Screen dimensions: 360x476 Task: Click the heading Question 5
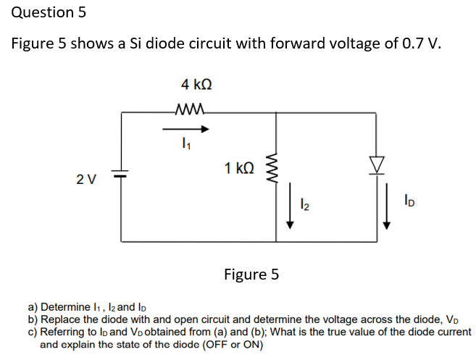click(x=43, y=12)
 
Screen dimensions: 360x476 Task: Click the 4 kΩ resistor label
click(x=196, y=85)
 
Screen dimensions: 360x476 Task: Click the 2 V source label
click(x=85, y=177)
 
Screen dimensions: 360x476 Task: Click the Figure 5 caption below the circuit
click(x=251, y=275)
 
